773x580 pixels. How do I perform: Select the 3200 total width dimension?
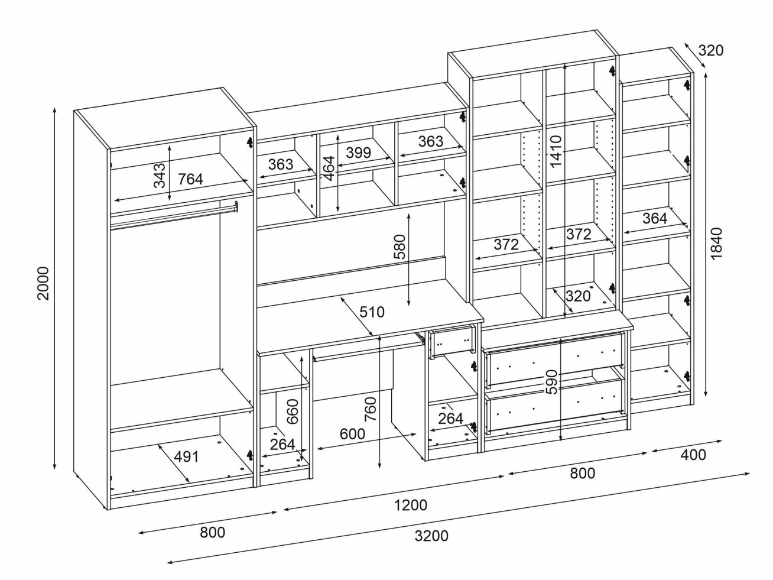coord(431,536)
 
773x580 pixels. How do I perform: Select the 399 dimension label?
coord(358,153)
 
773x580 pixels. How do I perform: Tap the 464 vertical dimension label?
coord(329,168)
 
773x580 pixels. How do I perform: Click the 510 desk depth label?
coord(372,312)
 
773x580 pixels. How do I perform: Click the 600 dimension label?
coord(352,433)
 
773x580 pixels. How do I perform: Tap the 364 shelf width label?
coord(654,218)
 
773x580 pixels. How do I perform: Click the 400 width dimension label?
coord(693,455)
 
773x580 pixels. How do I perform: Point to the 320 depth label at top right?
coord(710,51)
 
